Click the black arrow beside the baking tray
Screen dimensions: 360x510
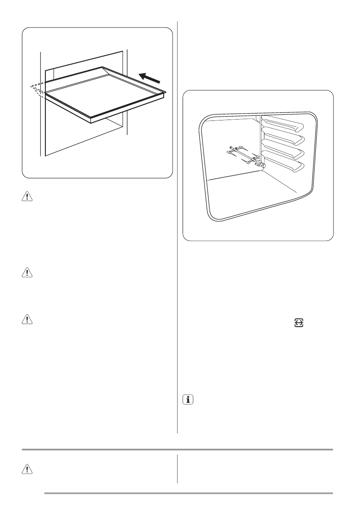150,78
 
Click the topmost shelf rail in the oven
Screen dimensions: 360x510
283,124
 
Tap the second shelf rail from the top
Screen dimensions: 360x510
283,138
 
